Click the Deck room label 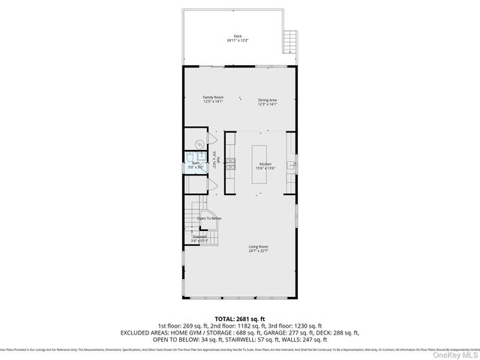238,36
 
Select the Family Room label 213,97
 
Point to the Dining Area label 268,100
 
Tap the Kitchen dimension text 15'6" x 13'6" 265,168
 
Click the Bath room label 195,163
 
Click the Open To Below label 209,218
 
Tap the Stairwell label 199,236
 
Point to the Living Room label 259,246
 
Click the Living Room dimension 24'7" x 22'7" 259,251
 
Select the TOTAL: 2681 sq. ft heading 239,319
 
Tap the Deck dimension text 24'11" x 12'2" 238,40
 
